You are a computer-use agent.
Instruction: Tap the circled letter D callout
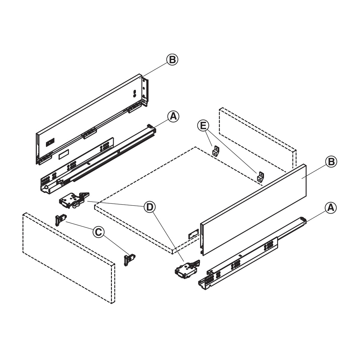[149, 207]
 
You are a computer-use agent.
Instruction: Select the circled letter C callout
[98, 232]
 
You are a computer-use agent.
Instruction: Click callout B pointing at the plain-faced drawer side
[331, 161]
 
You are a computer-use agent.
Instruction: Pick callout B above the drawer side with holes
[172, 60]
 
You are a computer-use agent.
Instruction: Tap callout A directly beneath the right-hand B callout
[331, 208]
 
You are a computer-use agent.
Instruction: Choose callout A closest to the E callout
[173, 116]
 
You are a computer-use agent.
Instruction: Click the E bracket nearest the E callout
[216, 151]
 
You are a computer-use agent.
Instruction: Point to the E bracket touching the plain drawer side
[261, 177]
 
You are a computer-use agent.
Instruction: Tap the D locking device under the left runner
[74, 200]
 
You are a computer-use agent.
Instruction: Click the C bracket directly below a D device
[61, 220]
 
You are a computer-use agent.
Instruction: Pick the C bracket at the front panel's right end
[130, 259]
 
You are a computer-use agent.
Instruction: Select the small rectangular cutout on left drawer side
[64, 154]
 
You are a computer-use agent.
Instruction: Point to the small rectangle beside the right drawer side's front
[193, 233]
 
